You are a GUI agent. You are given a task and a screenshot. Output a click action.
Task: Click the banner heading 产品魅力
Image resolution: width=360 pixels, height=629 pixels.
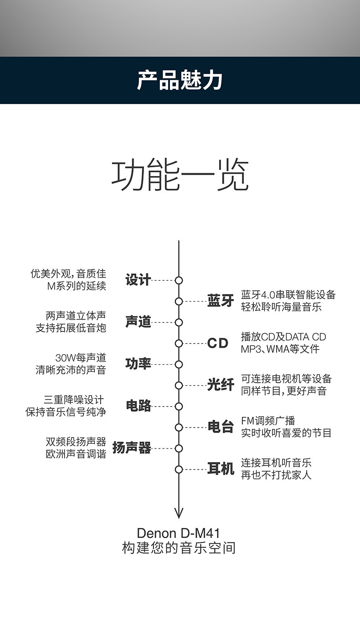(x=180, y=80)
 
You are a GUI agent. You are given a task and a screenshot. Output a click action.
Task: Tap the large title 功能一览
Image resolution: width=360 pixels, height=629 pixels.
(x=180, y=175)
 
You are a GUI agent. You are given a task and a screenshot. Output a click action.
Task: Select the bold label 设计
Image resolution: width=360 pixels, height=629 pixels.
(x=138, y=280)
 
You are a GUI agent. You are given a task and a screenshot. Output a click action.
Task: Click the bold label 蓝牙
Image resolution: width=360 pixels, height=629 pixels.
(x=221, y=301)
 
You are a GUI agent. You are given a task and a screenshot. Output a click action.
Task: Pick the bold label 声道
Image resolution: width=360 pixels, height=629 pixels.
(x=138, y=322)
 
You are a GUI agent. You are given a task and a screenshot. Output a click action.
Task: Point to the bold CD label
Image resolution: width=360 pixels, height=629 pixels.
(x=218, y=343)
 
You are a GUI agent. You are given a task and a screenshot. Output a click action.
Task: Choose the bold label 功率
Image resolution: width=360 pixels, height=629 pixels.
(x=138, y=364)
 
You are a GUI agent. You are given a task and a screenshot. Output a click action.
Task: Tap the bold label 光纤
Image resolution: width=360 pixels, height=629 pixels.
(x=221, y=385)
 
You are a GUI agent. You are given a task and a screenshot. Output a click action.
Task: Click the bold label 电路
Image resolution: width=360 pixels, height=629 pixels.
(x=138, y=406)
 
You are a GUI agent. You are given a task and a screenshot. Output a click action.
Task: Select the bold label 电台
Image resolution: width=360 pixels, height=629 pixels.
(x=221, y=427)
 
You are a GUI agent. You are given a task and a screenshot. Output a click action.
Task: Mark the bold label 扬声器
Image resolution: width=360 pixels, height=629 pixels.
(x=132, y=448)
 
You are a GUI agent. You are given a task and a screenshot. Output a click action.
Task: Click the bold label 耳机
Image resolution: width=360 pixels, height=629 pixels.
(x=221, y=469)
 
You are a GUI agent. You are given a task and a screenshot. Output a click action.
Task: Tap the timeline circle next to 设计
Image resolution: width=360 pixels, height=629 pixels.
(x=179, y=280)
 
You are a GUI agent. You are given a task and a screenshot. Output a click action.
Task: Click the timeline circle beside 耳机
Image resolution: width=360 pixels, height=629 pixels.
(x=179, y=469)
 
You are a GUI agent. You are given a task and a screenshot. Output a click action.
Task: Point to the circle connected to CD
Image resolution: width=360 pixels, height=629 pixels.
(x=179, y=343)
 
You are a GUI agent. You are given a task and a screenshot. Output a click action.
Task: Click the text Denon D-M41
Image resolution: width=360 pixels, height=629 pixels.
(x=179, y=533)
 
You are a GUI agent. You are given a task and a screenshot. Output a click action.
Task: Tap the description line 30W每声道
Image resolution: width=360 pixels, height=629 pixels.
(x=81, y=358)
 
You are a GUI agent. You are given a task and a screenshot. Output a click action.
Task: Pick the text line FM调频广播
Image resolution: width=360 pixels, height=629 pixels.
(x=268, y=421)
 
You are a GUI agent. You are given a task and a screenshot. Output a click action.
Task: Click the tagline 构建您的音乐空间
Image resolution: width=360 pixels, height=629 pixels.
(x=179, y=548)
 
